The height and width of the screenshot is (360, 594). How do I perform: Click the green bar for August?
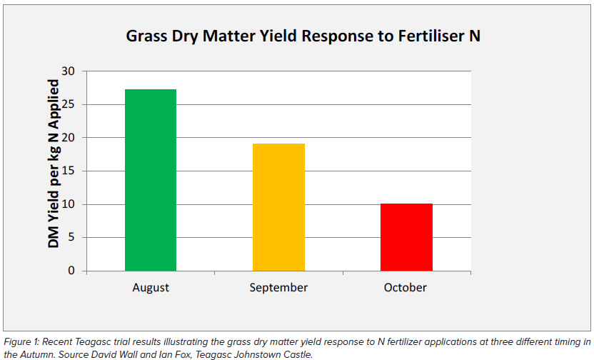[151, 180]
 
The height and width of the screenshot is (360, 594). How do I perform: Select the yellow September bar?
[278, 207]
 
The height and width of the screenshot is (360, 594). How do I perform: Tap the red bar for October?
[406, 237]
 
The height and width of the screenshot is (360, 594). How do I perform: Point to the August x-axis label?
[151, 288]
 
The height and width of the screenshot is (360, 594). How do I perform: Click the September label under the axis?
[278, 288]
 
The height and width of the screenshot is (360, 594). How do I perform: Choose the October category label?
[405, 287]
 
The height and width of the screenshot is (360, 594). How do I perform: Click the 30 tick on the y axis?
[69, 71]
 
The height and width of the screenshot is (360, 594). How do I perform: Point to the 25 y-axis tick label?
[69, 104]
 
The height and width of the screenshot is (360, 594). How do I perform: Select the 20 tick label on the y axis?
[69, 138]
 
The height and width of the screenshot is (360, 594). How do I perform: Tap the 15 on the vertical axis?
[69, 171]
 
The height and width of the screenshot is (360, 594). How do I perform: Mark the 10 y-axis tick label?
[69, 204]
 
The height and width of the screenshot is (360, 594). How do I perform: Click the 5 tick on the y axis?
[71, 237]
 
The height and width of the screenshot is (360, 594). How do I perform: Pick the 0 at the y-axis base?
[71, 271]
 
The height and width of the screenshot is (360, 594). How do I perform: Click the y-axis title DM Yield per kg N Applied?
[54, 164]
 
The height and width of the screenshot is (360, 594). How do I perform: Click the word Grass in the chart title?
[146, 36]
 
